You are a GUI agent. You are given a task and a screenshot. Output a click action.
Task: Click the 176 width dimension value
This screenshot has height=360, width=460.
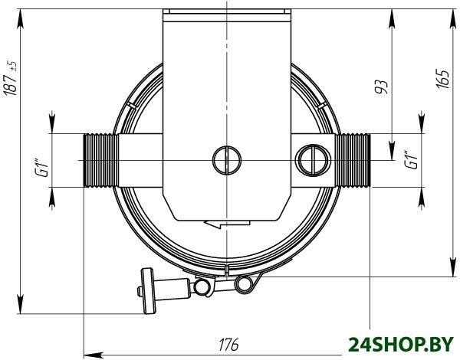tap(228, 345)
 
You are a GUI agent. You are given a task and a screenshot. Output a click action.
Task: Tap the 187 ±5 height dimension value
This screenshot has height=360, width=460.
tap(11, 78)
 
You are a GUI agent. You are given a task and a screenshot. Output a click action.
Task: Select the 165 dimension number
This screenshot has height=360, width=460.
tap(442, 79)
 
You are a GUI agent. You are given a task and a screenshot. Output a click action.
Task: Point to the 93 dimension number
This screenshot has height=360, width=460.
tap(381, 87)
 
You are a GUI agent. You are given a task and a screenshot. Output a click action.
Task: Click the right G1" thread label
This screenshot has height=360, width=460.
tap(411, 160)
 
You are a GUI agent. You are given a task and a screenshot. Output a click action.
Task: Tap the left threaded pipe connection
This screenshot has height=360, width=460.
tap(100, 160)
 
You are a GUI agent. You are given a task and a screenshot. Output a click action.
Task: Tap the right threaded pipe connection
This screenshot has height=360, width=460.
tap(353, 160)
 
